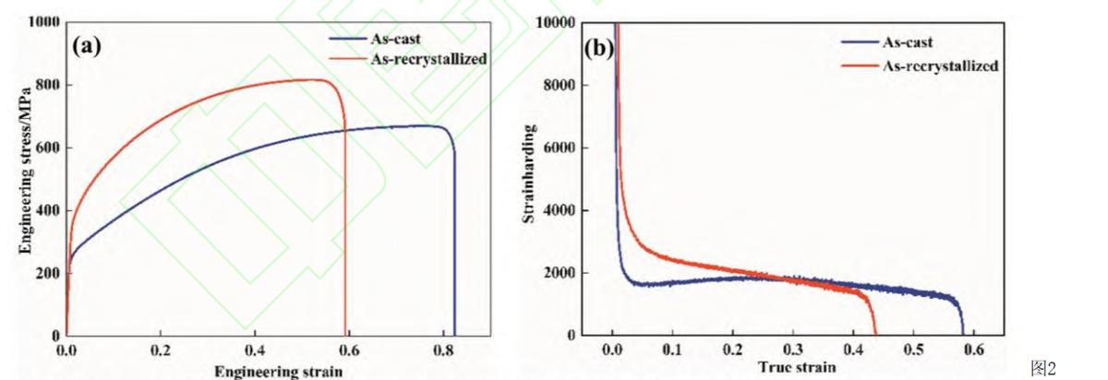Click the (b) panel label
click(599, 47)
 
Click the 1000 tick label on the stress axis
click(44, 22)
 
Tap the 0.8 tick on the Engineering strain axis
click(443, 352)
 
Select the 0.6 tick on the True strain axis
click(974, 351)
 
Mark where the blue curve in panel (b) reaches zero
click(963, 334)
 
